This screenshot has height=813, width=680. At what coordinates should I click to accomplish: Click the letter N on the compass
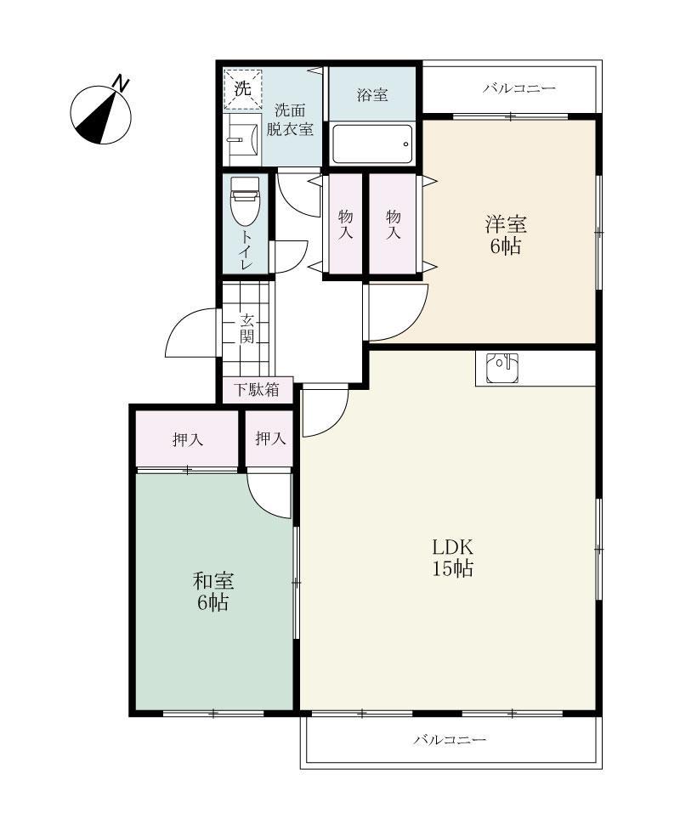click(121, 83)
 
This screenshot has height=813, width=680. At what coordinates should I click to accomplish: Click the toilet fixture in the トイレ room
click(246, 201)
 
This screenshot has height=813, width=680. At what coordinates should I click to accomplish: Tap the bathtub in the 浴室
click(372, 144)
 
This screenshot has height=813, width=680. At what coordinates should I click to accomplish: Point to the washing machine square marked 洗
click(243, 88)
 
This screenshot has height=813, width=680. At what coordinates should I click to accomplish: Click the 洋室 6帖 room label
click(506, 235)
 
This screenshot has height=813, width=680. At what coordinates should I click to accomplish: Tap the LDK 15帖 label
click(453, 558)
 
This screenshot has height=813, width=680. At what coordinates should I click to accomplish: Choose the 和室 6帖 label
click(213, 591)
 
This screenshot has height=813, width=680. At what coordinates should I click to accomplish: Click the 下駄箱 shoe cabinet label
click(257, 389)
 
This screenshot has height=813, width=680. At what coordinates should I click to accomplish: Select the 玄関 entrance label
click(246, 328)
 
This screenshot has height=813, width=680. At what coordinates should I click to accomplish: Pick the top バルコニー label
click(519, 88)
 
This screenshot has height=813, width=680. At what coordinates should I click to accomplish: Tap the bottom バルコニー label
click(450, 739)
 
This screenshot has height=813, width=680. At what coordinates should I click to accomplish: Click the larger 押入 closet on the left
click(187, 438)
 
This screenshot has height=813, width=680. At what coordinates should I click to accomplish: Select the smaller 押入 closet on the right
click(269, 438)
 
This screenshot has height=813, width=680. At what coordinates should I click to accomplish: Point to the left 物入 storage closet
click(345, 224)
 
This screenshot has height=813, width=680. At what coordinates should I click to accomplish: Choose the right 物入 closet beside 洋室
click(394, 224)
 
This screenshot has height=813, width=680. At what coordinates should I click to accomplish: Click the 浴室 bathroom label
click(372, 95)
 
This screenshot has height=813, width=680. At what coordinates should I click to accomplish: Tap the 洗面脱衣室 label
click(290, 119)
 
